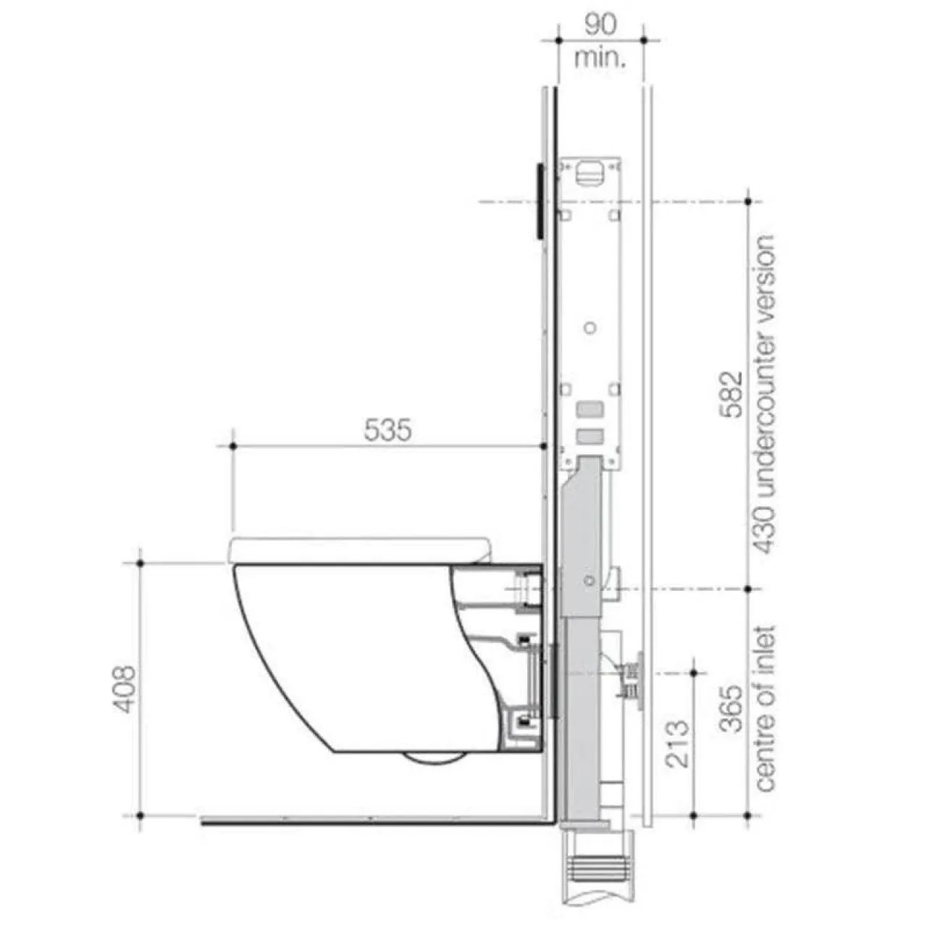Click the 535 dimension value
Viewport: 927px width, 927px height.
(387, 429)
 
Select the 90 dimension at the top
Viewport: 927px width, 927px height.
(600, 24)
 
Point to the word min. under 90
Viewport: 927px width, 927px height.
(601, 58)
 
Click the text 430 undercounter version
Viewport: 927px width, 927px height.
(764, 395)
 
